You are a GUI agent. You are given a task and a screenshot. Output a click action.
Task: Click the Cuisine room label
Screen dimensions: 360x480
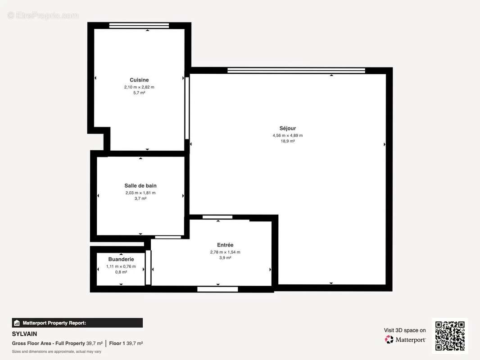tap(139, 80)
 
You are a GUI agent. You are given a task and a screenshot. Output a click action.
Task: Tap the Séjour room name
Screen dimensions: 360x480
tap(287, 128)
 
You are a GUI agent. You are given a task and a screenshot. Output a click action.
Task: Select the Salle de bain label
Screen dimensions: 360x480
tap(140, 185)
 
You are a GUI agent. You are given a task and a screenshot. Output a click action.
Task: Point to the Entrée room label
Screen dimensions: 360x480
tap(225, 245)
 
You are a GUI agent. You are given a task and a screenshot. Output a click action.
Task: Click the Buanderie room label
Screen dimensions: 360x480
tap(121, 259)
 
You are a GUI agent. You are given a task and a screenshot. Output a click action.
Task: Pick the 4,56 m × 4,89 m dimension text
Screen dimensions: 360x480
tap(287, 135)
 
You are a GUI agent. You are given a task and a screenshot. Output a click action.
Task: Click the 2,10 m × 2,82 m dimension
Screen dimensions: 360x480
tap(139, 87)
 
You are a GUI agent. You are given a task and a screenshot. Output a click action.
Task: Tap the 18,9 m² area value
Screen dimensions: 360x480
tap(287, 141)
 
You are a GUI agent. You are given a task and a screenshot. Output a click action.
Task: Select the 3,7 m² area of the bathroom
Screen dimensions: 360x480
tap(140, 198)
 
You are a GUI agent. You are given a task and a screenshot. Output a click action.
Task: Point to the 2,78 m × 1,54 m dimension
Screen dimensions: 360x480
tap(225, 252)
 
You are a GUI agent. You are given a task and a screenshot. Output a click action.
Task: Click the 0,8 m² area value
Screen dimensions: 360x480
tap(121, 272)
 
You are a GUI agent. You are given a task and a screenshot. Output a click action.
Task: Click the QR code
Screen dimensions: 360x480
tap(450, 336)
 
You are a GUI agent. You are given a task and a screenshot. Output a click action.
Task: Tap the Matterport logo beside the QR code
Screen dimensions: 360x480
tap(405, 340)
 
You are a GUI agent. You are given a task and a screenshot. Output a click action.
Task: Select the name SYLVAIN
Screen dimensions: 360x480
tap(25, 334)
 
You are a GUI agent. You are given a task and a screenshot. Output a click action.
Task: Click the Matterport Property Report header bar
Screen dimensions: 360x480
tap(77, 323)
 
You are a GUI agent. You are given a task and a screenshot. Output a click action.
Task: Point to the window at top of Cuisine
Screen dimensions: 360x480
tap(139, 25)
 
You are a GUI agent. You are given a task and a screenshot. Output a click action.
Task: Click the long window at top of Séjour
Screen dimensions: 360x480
tap(296, 70)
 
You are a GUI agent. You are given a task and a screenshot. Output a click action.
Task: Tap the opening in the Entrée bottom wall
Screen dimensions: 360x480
tap(217, 289)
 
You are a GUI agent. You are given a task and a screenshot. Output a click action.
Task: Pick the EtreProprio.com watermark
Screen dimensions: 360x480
tap(43, 15)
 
